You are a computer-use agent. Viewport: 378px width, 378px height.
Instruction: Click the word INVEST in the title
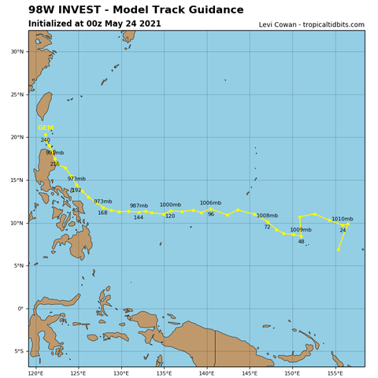point(89,10)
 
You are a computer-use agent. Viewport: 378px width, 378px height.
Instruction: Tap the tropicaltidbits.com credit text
point(311,24)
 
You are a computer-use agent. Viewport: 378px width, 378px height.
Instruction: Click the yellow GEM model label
point(46,128)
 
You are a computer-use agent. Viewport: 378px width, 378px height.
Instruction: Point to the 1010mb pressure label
point(342,219)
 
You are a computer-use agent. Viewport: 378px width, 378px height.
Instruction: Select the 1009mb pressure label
point(301,230)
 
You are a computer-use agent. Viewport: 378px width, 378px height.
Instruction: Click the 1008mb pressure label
point(267,216)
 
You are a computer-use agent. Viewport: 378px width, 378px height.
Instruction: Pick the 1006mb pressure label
point(210,203)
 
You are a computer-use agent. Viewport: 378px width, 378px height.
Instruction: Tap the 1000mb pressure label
point(170,205)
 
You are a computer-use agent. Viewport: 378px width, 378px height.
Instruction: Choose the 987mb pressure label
point(139,206)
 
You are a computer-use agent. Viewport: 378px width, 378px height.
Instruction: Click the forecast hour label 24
point(343,230)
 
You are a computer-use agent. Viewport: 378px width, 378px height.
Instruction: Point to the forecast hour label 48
point(301,241)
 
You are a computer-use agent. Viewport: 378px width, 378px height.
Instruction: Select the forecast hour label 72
point(267,227)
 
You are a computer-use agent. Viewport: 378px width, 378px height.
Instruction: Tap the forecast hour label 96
point(210,214)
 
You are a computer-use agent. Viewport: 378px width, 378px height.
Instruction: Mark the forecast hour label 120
point(170,216)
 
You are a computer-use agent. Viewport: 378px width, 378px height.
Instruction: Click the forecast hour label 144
point(139,217)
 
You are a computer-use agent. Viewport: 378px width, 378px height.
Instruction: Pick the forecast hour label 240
point(45,140)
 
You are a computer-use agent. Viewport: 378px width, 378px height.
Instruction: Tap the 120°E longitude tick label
point(36,372)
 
